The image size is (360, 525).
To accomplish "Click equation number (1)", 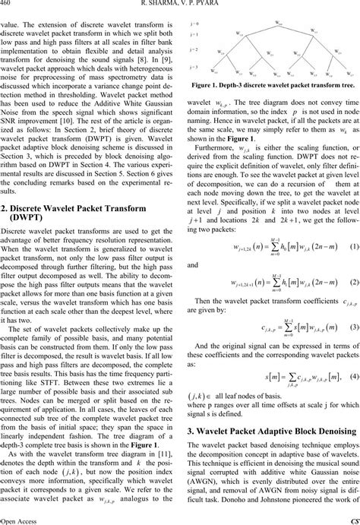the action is [354, 248].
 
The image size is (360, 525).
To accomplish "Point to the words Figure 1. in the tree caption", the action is [210, 107].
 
